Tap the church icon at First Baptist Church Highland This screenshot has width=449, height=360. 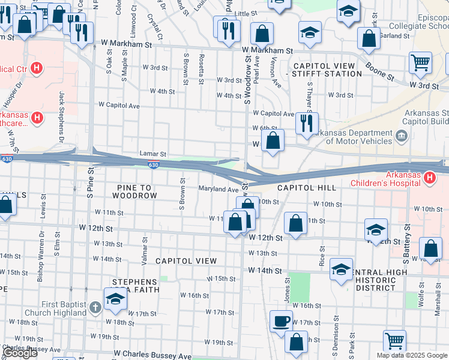94,308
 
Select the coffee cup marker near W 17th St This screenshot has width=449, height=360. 280,320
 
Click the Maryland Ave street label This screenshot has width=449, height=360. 218,189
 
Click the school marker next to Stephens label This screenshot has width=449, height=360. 115,298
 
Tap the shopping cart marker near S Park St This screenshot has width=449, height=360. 395,340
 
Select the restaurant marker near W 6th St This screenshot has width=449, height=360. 306,123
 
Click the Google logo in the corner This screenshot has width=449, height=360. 20,353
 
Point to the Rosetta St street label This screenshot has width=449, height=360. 202,70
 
